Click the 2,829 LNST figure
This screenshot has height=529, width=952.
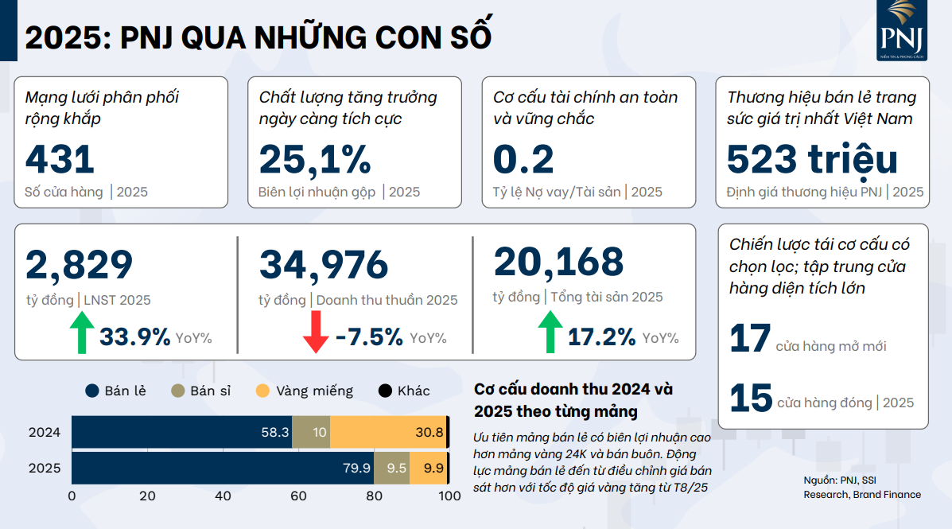80,265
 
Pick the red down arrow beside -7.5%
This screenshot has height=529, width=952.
316,332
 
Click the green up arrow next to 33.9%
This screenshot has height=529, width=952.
81,332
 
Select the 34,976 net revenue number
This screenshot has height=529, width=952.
324,265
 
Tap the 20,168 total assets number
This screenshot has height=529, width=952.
558,262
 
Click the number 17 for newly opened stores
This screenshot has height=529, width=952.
750,338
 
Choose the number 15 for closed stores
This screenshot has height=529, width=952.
750,398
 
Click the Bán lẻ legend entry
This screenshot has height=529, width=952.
115,391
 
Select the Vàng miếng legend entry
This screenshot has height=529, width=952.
305,391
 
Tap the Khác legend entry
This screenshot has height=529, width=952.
404,391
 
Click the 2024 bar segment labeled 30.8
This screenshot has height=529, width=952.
388,432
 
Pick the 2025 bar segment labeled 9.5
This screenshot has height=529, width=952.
392,468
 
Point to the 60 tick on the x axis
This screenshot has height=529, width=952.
298,496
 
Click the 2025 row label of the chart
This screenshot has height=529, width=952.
45,468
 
